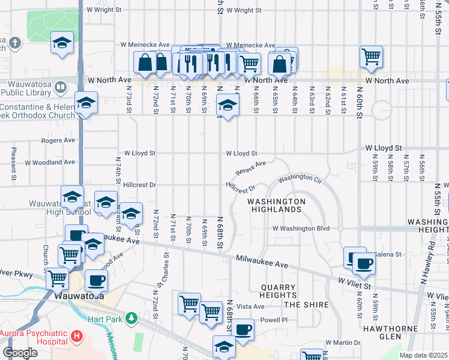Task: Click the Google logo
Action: [20, 353]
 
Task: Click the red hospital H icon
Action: [76, 335]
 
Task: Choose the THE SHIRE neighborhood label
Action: [306, 305]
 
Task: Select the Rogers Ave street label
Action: [58, 140]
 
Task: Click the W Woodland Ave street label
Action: [50, 162]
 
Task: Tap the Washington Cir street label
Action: [300, 178]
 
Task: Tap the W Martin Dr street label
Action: [343, 343]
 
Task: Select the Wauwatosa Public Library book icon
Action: [61, 88]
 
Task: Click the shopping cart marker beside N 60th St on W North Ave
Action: [372, 57]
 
